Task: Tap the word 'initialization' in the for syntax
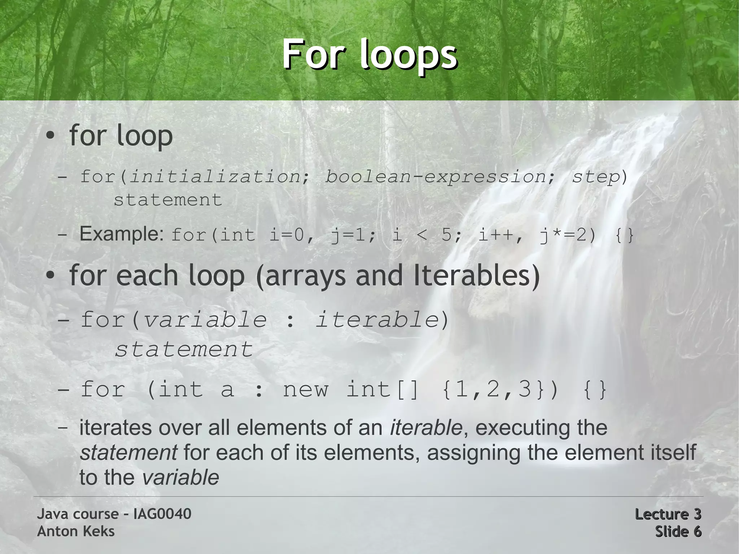(x=215, y=176)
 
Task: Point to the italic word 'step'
(x=596, y=176)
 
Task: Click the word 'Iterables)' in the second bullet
(x=476, y=276)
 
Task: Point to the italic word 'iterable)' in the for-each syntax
(x=382, y=319)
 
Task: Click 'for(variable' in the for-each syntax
(x=174, y=319)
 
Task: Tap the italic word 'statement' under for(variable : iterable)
(x=184, y=349)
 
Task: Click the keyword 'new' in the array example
(x=305, y=389)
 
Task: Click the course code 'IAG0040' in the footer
(x=162, y=514)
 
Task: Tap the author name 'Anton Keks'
(x=76, y=531)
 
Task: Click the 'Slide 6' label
(x=678, y=531)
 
